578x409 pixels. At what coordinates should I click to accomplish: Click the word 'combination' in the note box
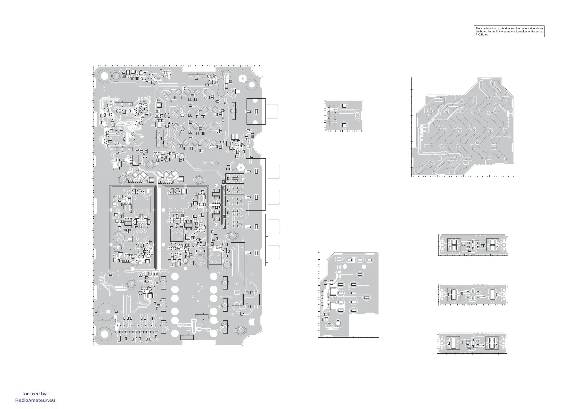[x=488, y=28]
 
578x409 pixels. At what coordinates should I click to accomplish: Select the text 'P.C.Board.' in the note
[x=482, y=34]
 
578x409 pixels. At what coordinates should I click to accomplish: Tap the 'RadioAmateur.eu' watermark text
[x=35, y=400]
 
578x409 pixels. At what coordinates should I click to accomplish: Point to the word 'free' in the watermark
[x=34, y=394]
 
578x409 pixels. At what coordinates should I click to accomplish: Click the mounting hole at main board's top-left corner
[x=105, y=76]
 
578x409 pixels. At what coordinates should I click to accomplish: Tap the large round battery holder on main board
[x=106, y=312]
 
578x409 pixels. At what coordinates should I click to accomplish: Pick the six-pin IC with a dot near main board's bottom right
[x=251, y=300]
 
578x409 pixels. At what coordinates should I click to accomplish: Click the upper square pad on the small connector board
[x=344, y=106]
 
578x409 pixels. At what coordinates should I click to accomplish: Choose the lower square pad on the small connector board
[x=344, y=125]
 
